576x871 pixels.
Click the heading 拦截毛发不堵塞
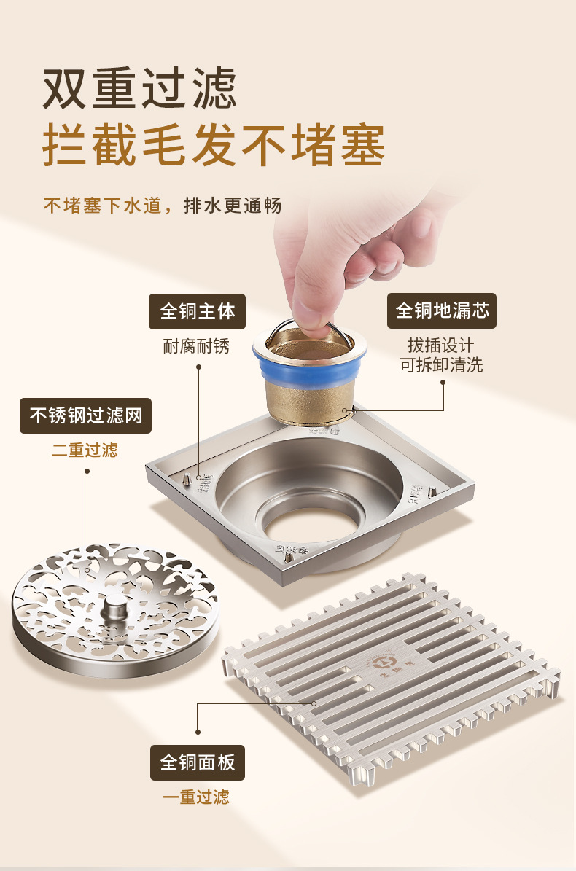point(214,145)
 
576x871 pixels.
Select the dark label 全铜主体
point(198,311)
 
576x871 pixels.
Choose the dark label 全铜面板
point(198,762)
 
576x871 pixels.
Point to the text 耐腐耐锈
point(197,345)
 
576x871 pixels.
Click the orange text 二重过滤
point(85,450)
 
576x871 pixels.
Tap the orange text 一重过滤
point(196,797)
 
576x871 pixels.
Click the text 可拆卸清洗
point(442,364)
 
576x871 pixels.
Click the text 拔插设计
point(442,345)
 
